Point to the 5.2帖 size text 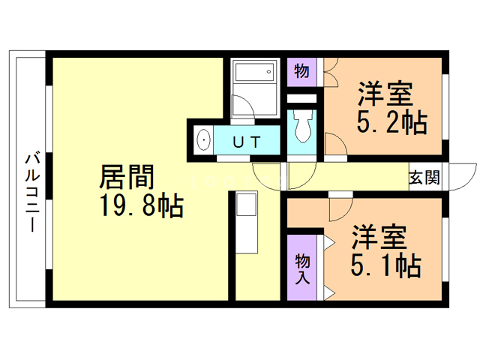point(391,122)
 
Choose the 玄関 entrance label point(424,178)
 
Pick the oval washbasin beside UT point(202,140)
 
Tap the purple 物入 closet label point(302,268)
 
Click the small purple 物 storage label point(301,71)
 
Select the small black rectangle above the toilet point(302,99)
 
